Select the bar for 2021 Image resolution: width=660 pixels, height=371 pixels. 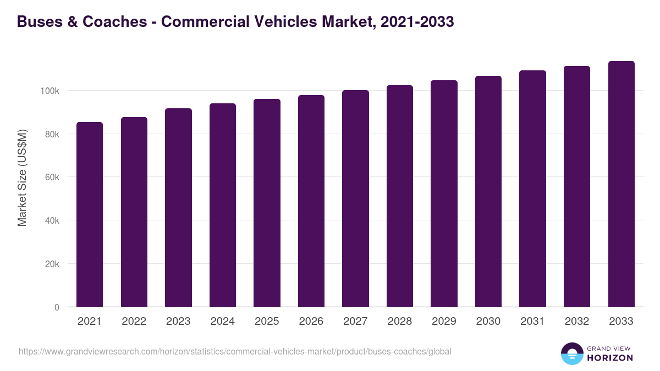coord(90,214)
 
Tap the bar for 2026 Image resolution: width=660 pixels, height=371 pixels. coord(311,201)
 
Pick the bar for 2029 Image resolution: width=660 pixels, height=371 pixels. coord(444,193)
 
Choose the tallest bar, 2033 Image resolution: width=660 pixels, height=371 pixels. coord(621,184)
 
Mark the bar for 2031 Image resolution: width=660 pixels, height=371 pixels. coord(532,189)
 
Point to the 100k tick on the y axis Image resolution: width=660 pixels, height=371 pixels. coord(49,91)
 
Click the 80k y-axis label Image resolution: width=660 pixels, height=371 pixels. coord(51,134)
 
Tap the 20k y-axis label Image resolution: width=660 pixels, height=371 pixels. coord(51,264)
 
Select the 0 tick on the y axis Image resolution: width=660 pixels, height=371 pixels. coord(56,307)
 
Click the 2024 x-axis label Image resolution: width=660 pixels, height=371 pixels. coord(222,322)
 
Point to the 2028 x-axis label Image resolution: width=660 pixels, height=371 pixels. coord(399,322)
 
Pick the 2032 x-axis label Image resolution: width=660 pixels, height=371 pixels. coord(576,322)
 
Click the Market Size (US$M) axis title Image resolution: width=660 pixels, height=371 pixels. coord(22,177)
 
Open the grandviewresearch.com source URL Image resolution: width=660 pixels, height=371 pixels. coord(235,351)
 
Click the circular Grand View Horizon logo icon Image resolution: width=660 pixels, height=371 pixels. coord(571,353)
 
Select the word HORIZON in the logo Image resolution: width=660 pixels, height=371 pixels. coord(609,358)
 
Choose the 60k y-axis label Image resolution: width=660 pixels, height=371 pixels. coord(51,178)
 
